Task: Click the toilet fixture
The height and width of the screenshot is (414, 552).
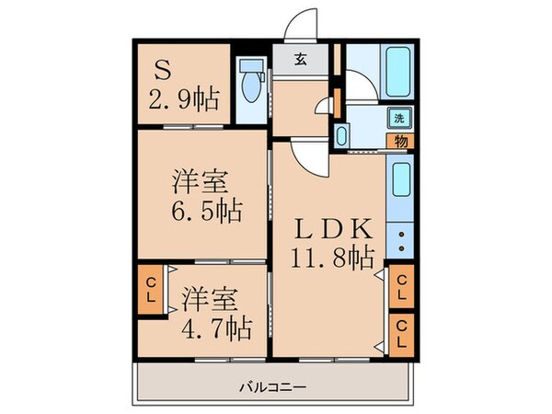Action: (248, 86)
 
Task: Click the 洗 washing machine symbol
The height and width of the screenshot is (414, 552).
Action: (399, 118)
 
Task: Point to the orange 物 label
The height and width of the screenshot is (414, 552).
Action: (402, 141)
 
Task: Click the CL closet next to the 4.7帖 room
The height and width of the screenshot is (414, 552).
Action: (148, 290)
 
